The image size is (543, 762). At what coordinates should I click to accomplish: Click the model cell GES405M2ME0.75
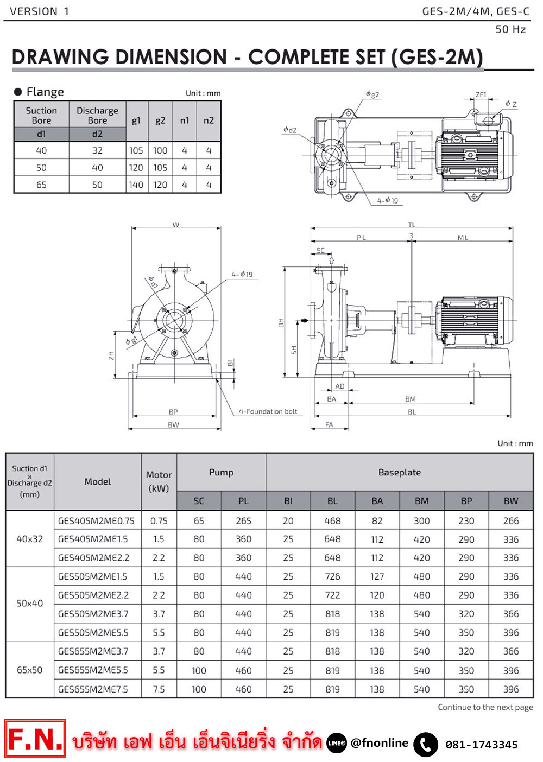tap(96, 521)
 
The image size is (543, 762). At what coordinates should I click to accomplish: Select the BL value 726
tap(332, 576)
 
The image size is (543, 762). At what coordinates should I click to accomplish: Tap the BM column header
tap(421, 501)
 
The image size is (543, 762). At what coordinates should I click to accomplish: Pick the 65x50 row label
tap(29, 670)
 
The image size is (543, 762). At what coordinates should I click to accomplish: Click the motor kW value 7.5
tap(159, 689)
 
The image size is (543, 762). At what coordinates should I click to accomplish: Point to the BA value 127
tap(377, 576)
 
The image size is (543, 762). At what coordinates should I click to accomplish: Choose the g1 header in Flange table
tap(136, 120)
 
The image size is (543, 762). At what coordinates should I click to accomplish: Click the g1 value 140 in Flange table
tap(136, 185)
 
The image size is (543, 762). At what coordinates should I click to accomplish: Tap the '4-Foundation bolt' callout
tap(268, 411)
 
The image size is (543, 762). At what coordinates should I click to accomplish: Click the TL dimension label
tap(412, 225)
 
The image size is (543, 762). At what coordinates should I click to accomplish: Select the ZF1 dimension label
tap(481, 94)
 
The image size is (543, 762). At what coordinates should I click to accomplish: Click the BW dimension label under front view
tap(173, 425)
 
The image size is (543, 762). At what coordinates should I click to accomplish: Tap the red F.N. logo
tap(35, 739)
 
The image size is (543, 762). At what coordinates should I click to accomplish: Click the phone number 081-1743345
tap(482, 745)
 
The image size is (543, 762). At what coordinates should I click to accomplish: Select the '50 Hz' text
tap(510, 29)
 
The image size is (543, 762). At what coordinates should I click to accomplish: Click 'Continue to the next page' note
tap(485, 707)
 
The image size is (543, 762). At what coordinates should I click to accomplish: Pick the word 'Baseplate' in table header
tap(400, 473)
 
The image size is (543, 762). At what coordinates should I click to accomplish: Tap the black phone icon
tap(426, 744)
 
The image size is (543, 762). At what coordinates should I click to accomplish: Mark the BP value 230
tap(466, 521)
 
